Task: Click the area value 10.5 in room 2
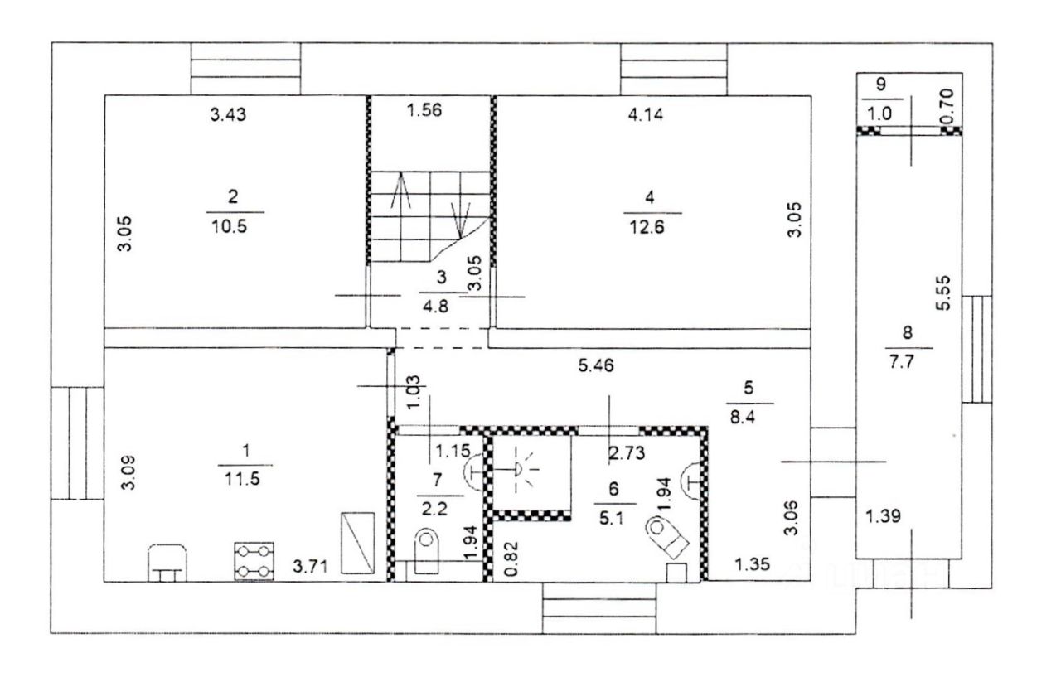pos(230,226)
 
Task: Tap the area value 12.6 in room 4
pos(647,227)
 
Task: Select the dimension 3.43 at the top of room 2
pos(228,114)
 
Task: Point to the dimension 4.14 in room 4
pos(646,114)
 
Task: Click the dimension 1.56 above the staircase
pos(425,110)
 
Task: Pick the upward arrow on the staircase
pos(400,190)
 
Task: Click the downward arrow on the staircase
pos(460,220)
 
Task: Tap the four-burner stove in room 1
pos(254,562)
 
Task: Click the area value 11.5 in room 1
pos(243,479)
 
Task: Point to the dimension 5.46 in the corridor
pos(596,365)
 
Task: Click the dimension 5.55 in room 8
pos(943,293)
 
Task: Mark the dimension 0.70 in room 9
pos(948,106)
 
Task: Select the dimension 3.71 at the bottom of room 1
pos(310,566)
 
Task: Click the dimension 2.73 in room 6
pos(627,453)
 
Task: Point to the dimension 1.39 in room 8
pos(883,515)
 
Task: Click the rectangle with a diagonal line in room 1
pos(358,543)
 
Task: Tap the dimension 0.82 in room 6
pos(512,559)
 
